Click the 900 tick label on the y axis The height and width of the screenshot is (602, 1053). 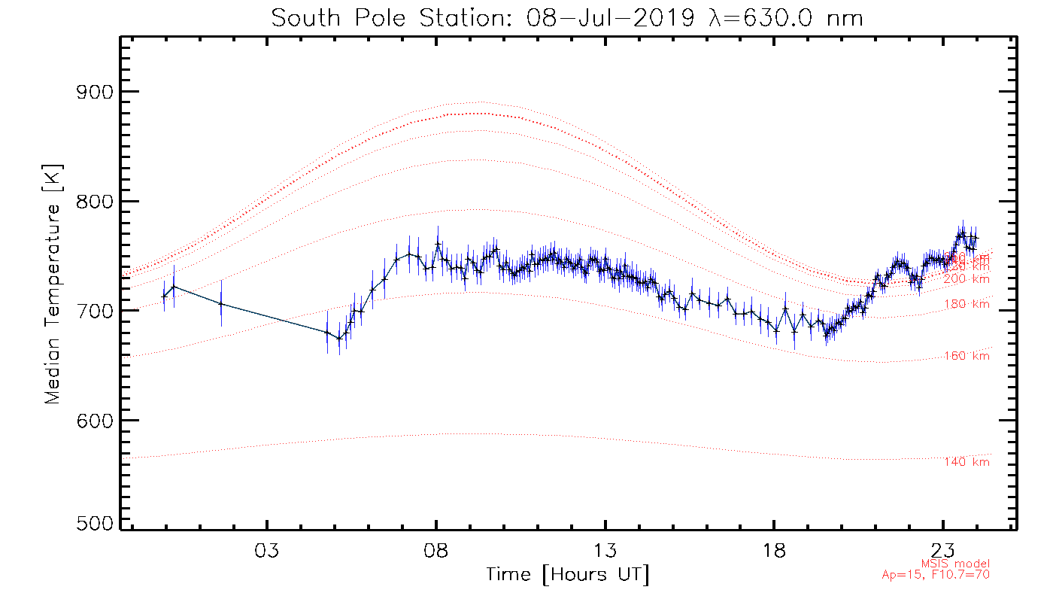coord(93,93)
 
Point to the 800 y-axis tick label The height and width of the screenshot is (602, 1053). coord(93,202)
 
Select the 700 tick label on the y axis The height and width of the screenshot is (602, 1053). coord(93,311)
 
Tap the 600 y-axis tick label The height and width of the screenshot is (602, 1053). coord(93,420)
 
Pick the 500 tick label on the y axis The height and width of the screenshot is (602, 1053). coord(93,524)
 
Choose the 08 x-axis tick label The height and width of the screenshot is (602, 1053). coord(436,550)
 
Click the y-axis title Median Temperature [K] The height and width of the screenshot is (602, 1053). coord(52,284)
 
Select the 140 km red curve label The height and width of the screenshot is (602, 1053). coord(967,462)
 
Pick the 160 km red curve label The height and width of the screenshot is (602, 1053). coord(967,356)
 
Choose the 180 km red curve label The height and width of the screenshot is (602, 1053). coord(967,304)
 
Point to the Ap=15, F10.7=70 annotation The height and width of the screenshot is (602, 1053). coord(935,575)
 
